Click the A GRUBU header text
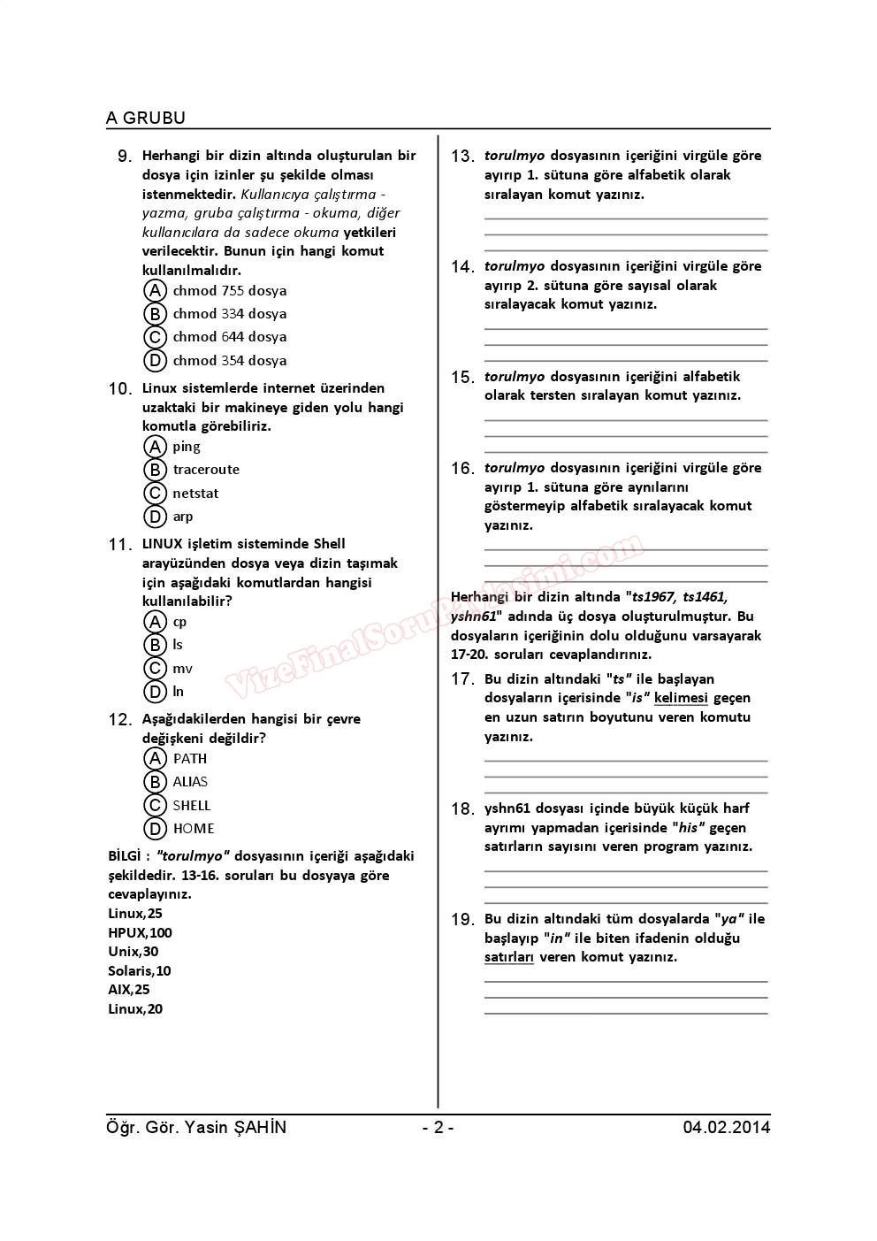(x=146, y=118)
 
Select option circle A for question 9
(x=155, y=291)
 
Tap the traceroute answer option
(x=206, y=470)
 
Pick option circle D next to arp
(x=155, y=517)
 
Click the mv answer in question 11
(x=182, y=669)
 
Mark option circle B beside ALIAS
(x=155, y=782)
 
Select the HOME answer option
(x=194, y=829)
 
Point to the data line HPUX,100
(x=140, y=933)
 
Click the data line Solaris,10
(x=140, y=971)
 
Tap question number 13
(x=462, y=157)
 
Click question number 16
(x=462, y=469)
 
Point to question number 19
(x=462, y=920)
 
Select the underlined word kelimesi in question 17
(x=681, y=699)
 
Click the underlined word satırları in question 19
(x=509, y=957)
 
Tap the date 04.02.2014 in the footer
(x=726, y=1128)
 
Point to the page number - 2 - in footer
(x=438, y=1128)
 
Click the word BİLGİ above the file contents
(x=124, y=856)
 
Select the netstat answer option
(x=195, y=494)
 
